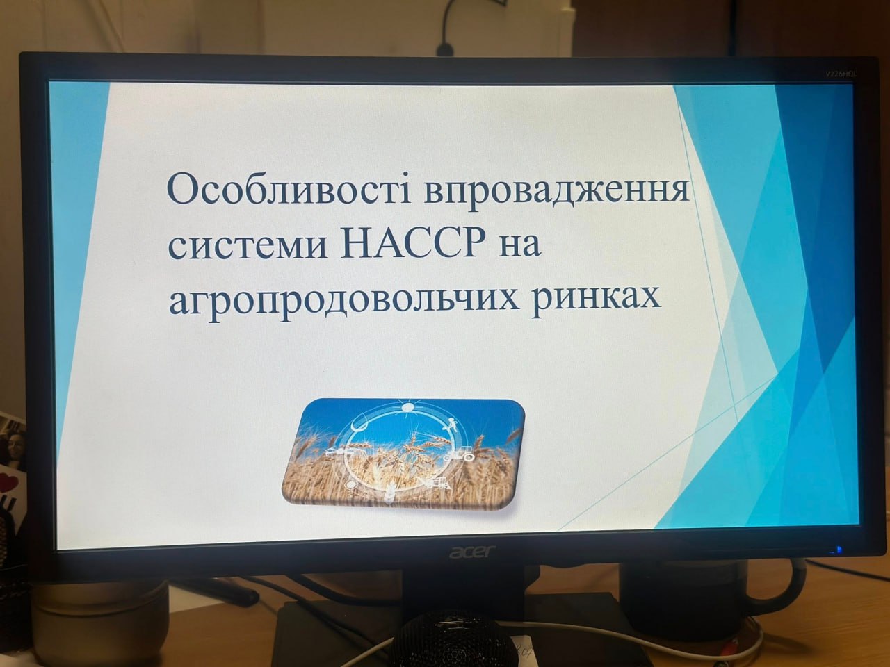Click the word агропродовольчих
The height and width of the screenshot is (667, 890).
pyautogui.click(x=344, y=301)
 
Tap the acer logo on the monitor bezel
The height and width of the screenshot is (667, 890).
pyautogui.click(x=471, y=552)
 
